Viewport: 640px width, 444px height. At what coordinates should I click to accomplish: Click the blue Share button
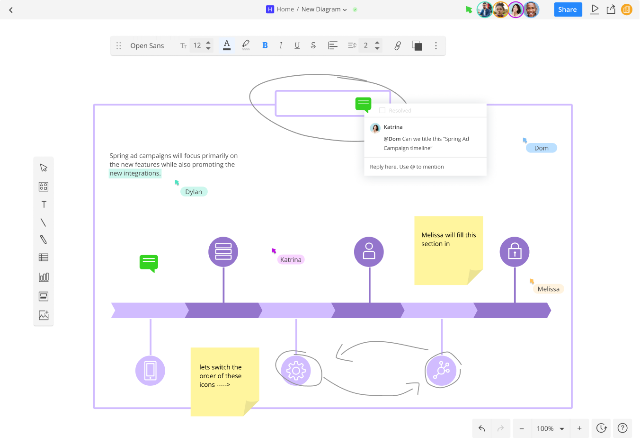[568, 9]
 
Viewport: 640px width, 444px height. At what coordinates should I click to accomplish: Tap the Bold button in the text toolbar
[265, 45]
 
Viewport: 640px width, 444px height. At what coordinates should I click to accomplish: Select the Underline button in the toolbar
[297, 45]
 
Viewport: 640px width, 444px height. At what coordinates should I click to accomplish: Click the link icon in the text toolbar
[398, 45]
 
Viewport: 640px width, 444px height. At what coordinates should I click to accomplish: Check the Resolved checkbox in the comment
[382, 110]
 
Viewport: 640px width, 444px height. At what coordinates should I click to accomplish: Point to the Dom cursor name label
[541, 148]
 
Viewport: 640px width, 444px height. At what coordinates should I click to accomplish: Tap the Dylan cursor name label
[194, 192]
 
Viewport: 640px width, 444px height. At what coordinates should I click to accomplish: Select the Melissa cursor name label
[548, 289]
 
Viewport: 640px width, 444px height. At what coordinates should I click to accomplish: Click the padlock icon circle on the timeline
[514, 252]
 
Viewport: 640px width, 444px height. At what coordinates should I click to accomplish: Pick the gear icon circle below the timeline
[296, 371]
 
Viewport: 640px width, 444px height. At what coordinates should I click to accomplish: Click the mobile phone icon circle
[150, 371]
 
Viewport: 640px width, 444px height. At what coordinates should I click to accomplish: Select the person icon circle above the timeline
[369, 252]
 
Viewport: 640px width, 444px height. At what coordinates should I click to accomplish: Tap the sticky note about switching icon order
[225, 382]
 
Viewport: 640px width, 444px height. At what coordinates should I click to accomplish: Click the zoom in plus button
[579, 428]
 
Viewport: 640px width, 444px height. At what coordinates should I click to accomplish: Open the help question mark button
[622, 428]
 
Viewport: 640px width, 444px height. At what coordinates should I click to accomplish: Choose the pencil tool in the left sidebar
[44, 240]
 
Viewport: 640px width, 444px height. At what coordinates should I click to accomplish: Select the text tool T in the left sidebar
[44, 204]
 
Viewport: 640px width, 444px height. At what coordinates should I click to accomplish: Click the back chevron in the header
[11, 10]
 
